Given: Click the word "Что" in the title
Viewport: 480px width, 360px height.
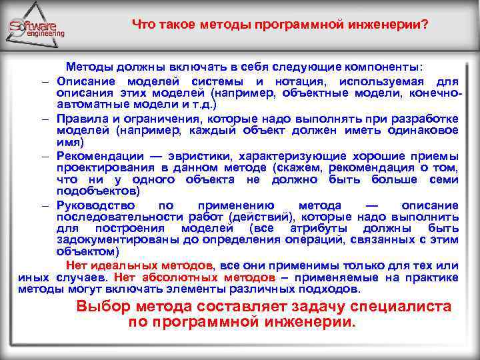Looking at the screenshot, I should coord(143,25).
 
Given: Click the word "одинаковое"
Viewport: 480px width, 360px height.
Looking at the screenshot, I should coord(425,130).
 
